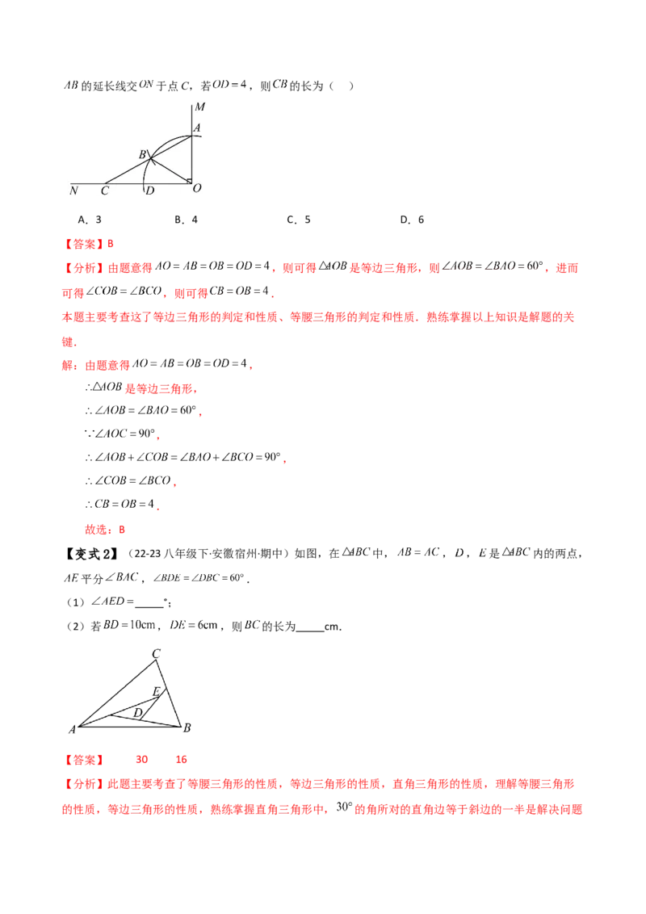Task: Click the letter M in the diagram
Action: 199,107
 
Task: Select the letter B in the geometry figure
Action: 142,153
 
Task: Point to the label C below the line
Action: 105,191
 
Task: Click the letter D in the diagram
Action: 149,191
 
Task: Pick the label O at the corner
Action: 197,189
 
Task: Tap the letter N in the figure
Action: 73,191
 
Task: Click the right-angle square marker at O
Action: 188,179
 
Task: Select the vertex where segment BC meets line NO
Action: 109,182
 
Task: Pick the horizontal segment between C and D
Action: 128,182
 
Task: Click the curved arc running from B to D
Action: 145,170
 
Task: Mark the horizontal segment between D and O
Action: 169,182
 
